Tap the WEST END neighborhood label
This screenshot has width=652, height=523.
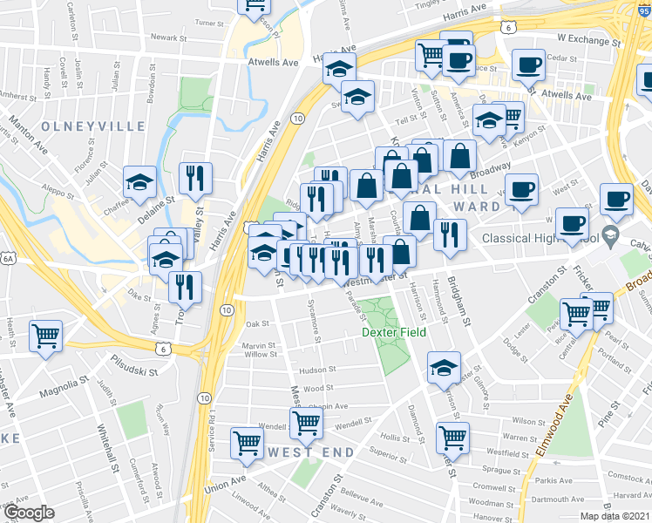click(311, 452)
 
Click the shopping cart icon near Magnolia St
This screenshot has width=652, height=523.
click(46, 336)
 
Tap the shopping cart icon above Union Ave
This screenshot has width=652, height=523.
click(248, 442)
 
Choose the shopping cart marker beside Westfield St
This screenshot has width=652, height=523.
click(452, 437)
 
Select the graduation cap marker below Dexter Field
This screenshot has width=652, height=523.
click(444, 368)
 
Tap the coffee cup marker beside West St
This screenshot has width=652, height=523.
click(521, 189)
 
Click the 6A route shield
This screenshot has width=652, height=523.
click(9, 259)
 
